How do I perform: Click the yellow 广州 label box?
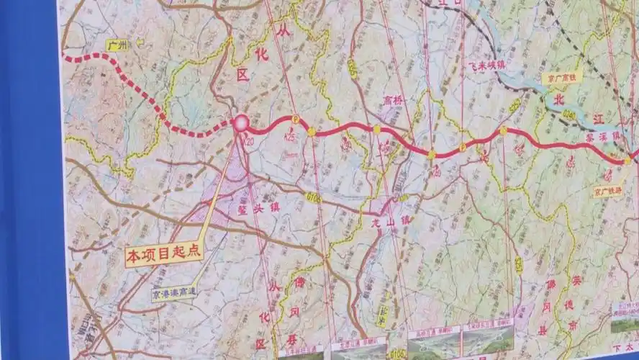pos(117,45)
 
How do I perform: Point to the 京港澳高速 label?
pos(173,293)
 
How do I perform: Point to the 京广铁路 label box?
pos(607,192)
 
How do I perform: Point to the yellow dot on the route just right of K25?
pos(311,132)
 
